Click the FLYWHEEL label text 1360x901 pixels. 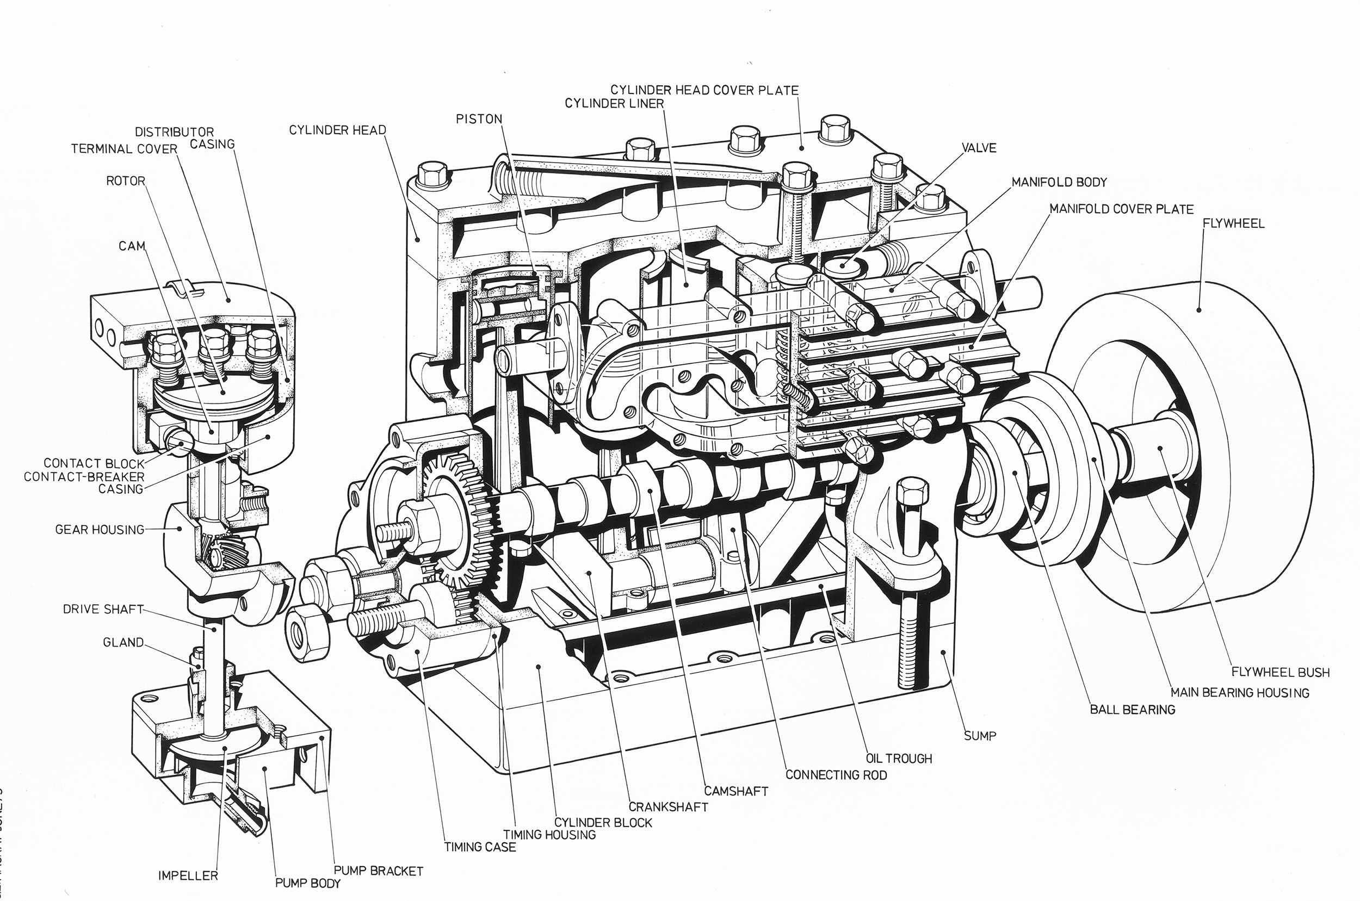pos(1234,223)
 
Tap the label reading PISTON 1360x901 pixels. pos(479,119)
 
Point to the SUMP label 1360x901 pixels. pos(980,736)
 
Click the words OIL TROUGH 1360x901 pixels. pos(899,759)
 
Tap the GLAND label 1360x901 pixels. pos(123,642)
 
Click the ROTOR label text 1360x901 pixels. pos(125,181)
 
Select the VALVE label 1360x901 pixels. pos(978,148)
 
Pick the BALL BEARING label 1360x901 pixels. pos(1133,710)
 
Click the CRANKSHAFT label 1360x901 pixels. pos(668,807)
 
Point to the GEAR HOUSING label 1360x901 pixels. pos(100,529)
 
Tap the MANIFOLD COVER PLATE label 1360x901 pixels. pos(1121,209)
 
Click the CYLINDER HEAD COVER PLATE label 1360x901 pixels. pos(704,90)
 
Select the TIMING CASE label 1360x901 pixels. pos(480,847)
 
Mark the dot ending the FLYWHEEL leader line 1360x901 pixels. pos(1199,310)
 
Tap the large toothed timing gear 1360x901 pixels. pos(460,529)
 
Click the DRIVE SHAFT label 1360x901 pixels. pos(103,609)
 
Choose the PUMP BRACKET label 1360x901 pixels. pos(378,871)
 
